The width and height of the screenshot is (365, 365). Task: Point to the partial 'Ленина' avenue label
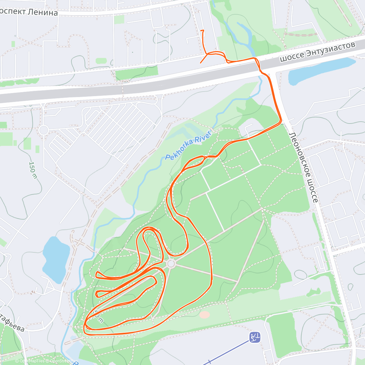29,12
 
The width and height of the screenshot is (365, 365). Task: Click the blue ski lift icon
255,337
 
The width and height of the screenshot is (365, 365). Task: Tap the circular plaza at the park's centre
171,263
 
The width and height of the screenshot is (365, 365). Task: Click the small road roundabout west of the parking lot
43,130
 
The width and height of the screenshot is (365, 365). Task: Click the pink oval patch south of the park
205,315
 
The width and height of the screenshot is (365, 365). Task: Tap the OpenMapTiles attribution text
30,361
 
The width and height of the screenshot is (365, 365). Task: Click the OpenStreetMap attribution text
62,361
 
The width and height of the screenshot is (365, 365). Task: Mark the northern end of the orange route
202,30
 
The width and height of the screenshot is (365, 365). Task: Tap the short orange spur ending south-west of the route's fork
200,63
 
